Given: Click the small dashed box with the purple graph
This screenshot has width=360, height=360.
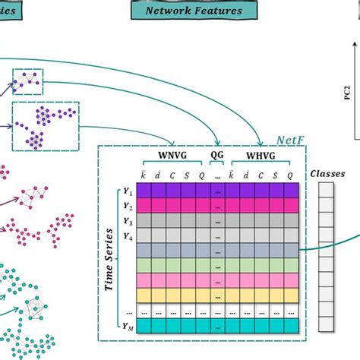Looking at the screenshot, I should tap(27, 81).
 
